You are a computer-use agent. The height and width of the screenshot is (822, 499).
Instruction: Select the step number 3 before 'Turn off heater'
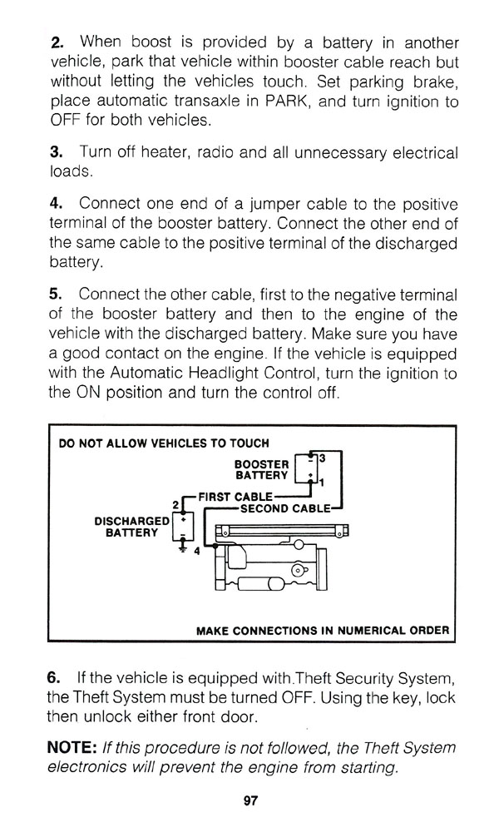(56, 154)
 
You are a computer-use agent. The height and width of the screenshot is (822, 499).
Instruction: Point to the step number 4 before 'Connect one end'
(56, 204)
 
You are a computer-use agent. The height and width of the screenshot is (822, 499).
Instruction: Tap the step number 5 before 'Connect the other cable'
(56, 295)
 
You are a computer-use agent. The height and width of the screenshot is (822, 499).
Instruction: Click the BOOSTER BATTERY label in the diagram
(262, 469)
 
